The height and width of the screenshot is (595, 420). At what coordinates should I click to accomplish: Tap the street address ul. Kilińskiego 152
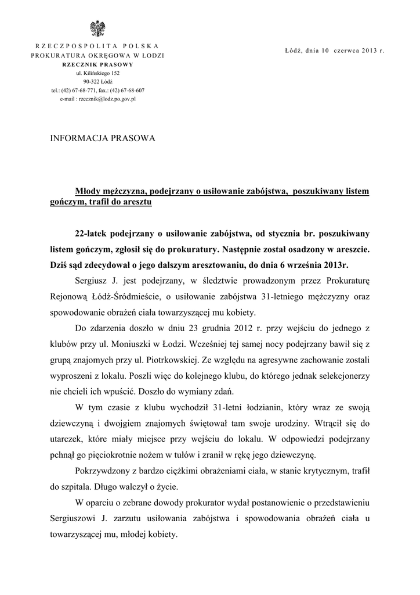[x=97, y=73]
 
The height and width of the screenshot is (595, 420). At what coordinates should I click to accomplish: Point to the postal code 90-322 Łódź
[x=97, y=82]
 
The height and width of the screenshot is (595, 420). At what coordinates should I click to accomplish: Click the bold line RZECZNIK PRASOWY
[x=97, y=64]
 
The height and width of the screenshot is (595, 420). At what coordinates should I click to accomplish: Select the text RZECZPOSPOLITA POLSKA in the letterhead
[x=97, y=46]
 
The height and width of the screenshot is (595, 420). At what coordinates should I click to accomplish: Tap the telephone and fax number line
[x=97, y=91]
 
